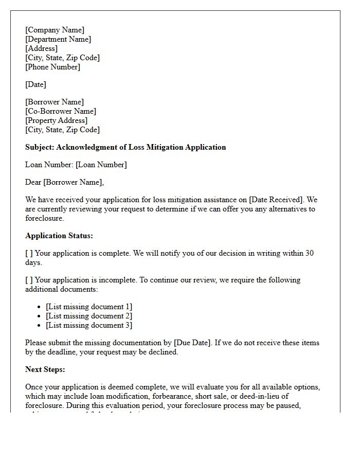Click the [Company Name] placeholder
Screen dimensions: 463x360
point(55,30)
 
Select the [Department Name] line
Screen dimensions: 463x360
point(58,39)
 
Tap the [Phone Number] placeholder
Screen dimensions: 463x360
point(52,67)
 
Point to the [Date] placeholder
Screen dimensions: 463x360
point(35,84)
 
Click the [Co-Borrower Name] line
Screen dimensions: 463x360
point(61,111)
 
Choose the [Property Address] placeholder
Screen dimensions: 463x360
point(56,120)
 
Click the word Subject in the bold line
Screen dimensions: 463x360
point(39,147)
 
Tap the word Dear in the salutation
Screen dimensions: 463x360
point(33,182)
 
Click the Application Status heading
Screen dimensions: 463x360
point(59,236)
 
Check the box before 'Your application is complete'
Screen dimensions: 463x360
point(29,253)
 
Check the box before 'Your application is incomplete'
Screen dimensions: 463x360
point(29,280)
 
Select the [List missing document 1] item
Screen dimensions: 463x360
point(88,307)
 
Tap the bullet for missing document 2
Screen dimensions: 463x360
point(40,316)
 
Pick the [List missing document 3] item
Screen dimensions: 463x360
point(88,325)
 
